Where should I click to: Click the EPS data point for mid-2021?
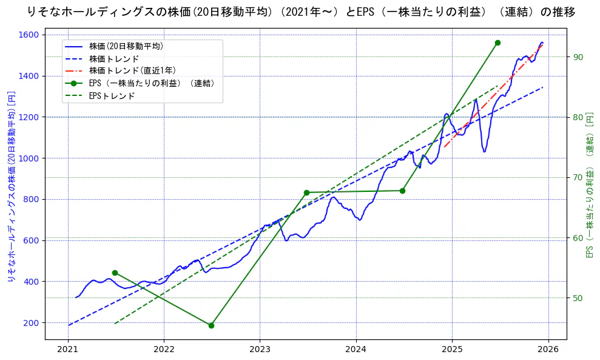click(x=115, y=273)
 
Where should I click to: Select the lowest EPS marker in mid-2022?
click(x=211, y=325)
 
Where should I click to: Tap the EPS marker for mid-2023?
click(x=306, y=192)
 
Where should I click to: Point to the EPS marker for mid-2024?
click(x=402, y=191)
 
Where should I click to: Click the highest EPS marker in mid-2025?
click(x=497, y=42)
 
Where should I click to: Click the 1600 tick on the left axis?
click(x=29, y=35)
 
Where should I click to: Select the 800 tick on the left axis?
click(x=31, y=199)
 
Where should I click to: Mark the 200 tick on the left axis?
click(x=31, y=322)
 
